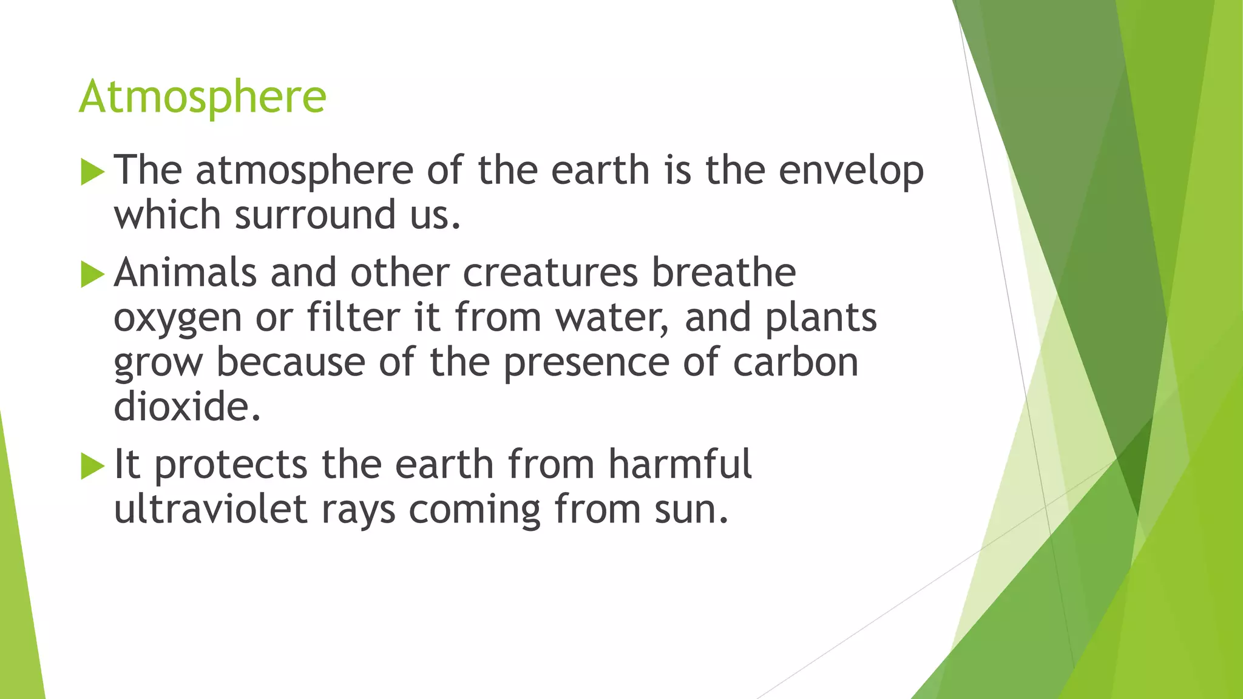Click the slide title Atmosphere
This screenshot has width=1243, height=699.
(x=202, y=97)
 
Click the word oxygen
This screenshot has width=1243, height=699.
(x=177, y=319)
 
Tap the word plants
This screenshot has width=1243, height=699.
(x=821, y=319)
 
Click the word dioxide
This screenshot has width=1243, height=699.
(x=187, y=407)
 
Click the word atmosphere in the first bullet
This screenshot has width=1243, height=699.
(x=304, y=171)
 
